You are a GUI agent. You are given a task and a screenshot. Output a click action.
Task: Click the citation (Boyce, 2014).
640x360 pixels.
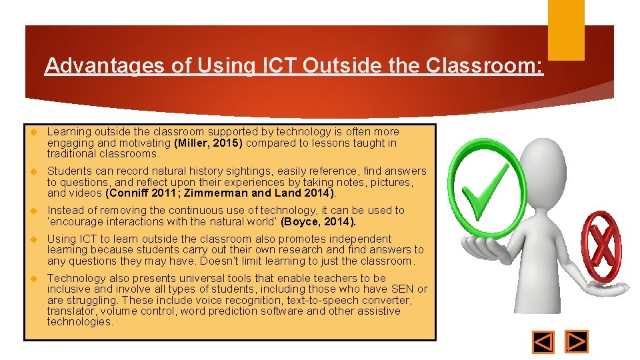pos(319,221)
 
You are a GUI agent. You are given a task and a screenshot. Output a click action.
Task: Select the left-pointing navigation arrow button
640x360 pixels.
pos(543,342)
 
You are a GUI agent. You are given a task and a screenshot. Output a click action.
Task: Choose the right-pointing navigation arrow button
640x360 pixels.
pos(577,342)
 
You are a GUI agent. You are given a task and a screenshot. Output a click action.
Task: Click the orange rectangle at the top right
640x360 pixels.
pos(565,30)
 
